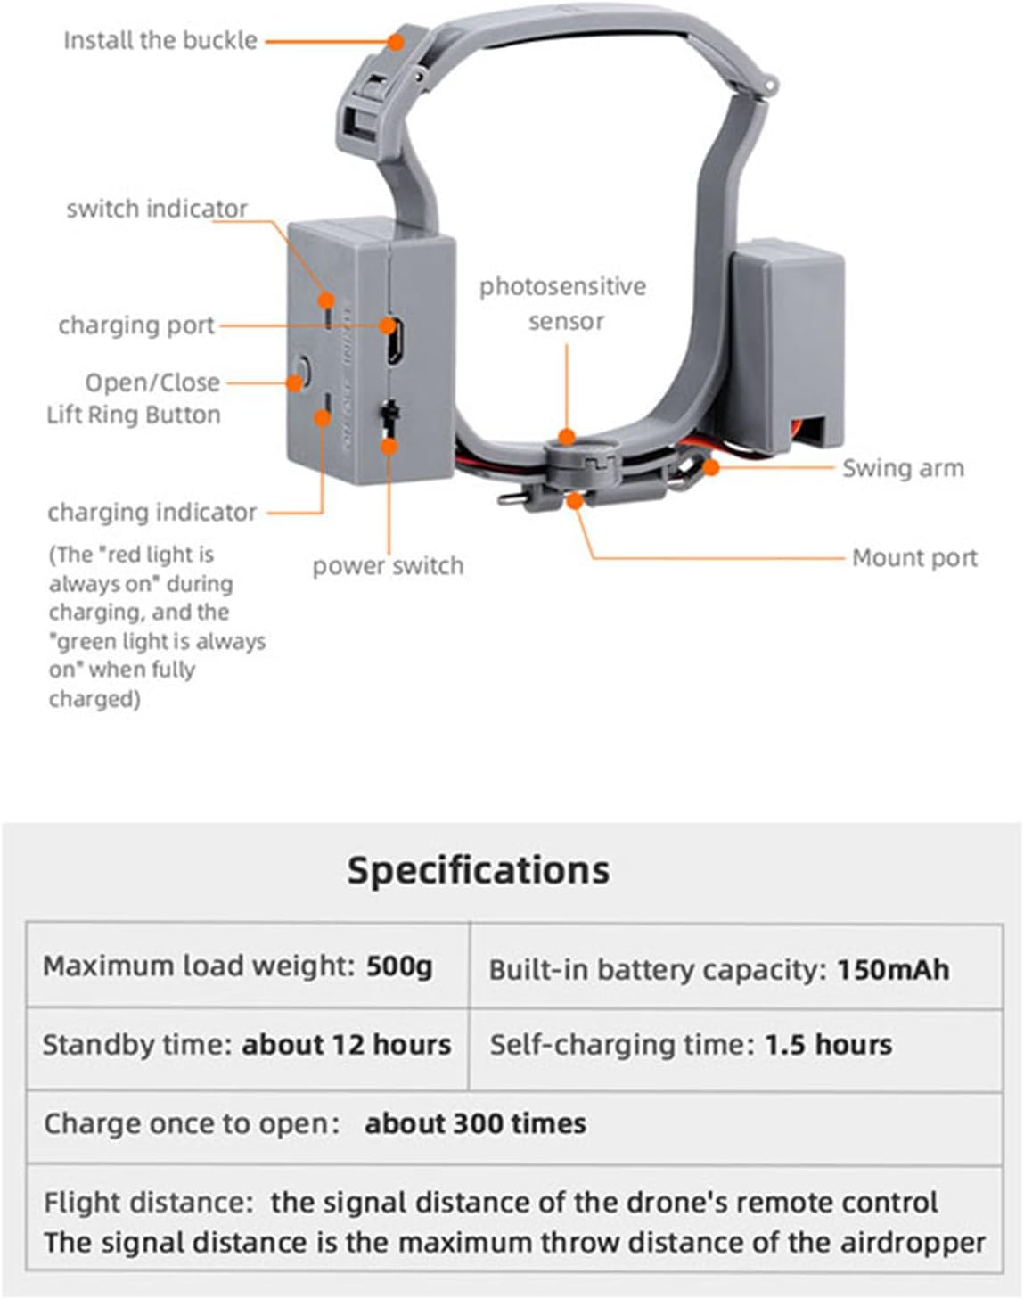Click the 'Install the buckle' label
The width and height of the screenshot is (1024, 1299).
click(160, 40)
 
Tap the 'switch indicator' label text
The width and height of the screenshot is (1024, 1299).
click(157, 209)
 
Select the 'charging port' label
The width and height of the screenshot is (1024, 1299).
click(136, 325)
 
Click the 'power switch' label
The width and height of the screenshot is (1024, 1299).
click(388, 565)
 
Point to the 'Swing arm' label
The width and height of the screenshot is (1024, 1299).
click(903, 468)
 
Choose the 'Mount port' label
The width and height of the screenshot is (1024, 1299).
click(914, 558)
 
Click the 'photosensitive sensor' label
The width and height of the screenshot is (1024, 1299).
click(563, 303)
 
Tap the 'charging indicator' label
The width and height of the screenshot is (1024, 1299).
click(152, 512)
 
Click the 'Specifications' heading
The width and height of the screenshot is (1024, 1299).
click(479, 870)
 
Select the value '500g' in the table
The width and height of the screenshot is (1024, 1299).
click(399, 966)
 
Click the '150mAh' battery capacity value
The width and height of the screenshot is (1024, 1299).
click(893, 969)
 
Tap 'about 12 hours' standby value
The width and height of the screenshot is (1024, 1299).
click(347, 1044)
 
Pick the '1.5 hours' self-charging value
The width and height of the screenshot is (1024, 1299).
click(828, 1044)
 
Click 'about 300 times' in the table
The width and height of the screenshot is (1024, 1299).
click(475, 1123)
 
